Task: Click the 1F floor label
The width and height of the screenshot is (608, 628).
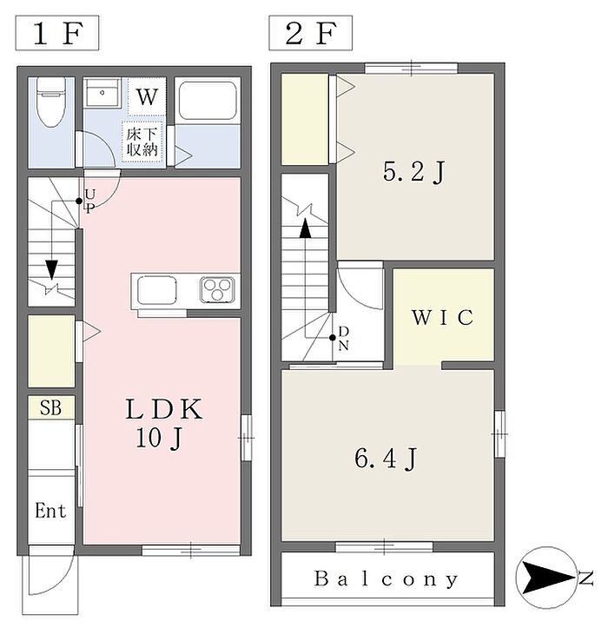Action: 57,34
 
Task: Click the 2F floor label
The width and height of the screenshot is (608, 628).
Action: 310,34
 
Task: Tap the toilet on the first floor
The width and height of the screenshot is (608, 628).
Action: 51,102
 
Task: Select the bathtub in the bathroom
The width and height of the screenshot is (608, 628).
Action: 207,101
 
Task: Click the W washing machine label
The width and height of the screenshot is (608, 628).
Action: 147,97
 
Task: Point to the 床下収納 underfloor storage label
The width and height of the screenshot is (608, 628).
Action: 142,142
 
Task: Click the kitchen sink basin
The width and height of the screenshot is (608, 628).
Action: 157,290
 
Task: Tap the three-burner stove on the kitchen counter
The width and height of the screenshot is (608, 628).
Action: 217,289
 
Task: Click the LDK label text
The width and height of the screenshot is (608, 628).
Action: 163,409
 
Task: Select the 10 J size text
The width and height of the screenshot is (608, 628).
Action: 159,438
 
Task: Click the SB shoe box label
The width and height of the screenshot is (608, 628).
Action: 51,407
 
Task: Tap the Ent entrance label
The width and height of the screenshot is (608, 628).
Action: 50,511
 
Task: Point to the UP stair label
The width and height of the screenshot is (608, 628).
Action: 90,202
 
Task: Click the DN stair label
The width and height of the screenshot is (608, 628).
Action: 344,339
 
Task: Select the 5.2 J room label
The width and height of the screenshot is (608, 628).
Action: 414,172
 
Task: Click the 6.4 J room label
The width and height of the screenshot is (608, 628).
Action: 386,459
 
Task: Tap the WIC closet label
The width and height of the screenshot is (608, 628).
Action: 442,318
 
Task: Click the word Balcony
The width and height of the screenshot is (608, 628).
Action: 386,579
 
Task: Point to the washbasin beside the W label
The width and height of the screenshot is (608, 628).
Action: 102,93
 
